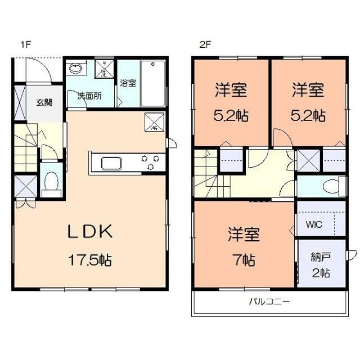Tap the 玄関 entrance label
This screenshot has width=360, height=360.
click(x=44, y=102)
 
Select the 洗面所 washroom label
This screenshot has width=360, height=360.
click(x=89, y=96)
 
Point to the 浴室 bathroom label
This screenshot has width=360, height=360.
click(x=128, y=83)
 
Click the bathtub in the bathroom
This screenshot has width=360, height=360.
click(x=153, y=83)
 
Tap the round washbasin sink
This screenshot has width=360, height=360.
click(x=75, y=69)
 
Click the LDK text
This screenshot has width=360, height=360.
click(x=92, y=231)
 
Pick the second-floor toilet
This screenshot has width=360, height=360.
click(x=328, y=185)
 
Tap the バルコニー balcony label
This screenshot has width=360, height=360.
click(x=269, y=301)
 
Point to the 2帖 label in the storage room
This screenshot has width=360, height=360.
click(x=321, y=273)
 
